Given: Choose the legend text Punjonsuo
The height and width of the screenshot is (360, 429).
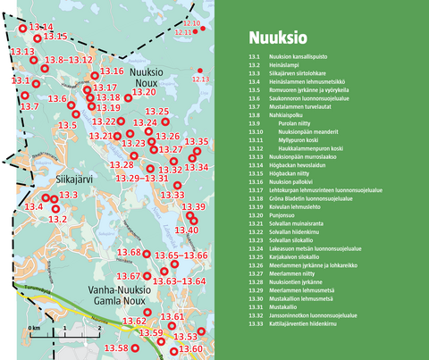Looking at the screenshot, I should coord(285,214).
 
